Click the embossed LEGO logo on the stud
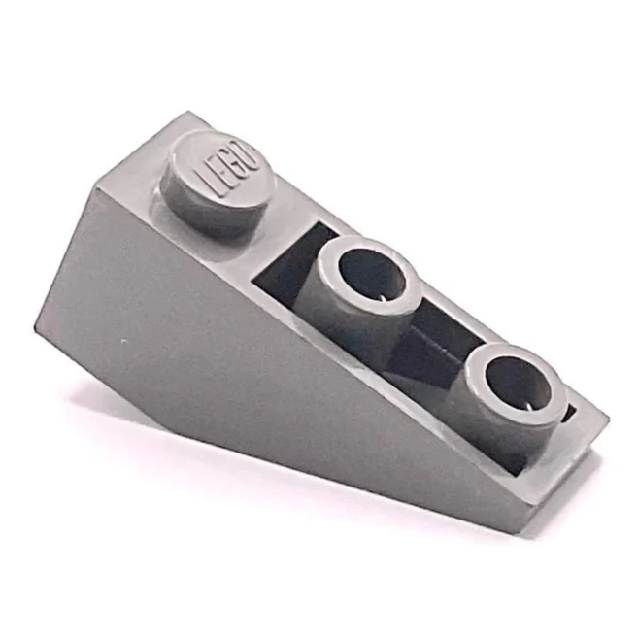(x=228, y=171)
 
